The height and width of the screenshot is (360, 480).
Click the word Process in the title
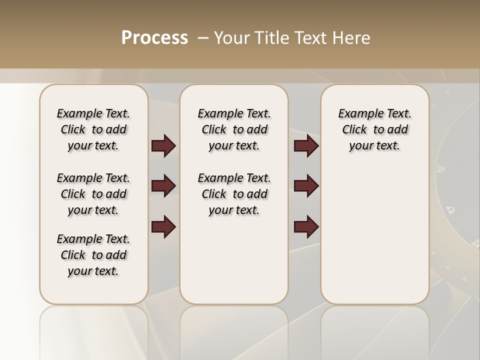coord(154,37)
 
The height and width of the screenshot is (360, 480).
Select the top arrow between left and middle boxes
coord(163,146)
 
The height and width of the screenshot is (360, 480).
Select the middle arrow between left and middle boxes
coord(163,186)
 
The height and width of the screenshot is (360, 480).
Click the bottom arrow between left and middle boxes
coord(163,227)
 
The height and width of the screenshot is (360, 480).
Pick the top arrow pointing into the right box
coord(306,146)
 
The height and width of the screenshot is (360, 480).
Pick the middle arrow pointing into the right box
coord(306,186)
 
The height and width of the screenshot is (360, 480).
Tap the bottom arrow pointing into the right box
coord(306,227)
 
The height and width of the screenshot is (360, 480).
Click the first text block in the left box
coord(93,129)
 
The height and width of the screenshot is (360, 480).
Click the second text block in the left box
coord(93,194)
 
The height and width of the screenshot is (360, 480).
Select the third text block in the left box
coord(93,255)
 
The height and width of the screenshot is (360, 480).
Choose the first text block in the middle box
coord(234,129)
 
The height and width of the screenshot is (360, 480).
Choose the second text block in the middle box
coord(234,194)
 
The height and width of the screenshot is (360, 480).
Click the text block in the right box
coord(374,129)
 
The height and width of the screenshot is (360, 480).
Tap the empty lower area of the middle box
coord(234,260)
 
